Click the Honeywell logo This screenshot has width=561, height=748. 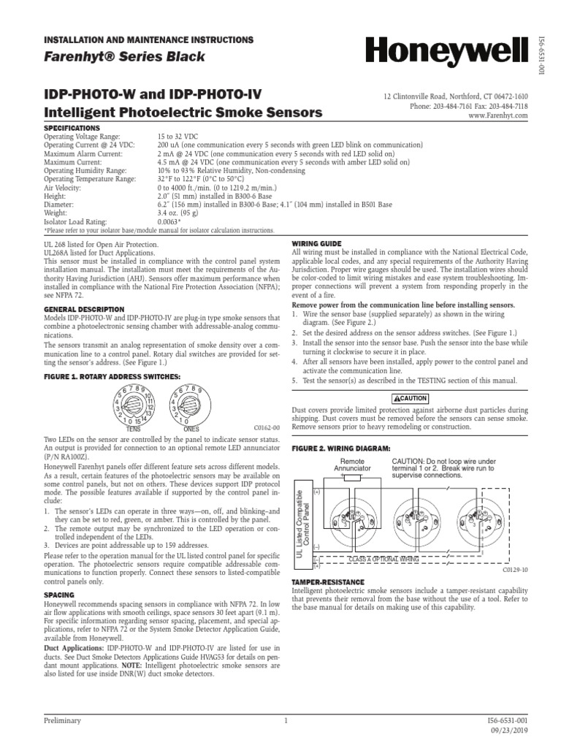click(x=446, y=53)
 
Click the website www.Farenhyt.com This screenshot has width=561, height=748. click(x=498, y=115)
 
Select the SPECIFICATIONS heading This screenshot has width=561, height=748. click(x=72, y=127)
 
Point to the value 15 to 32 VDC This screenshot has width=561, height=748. click(x=181, y=137)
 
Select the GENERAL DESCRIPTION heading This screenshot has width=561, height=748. click(x=83, y=309)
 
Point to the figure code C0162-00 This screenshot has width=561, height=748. click(x=267, y=427)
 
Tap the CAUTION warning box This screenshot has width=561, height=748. click(x=410, y=397)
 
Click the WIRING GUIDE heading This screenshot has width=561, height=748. click(x=316, y=243)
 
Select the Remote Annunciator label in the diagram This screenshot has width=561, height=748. click(x=352, y=465)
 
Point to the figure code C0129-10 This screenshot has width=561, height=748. click(x=515, y=569)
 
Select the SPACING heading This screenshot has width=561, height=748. click(x=59, y=595)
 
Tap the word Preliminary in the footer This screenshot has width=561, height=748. click(x=62, y=720)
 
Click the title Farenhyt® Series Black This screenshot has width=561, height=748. click(x=124, y=57)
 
